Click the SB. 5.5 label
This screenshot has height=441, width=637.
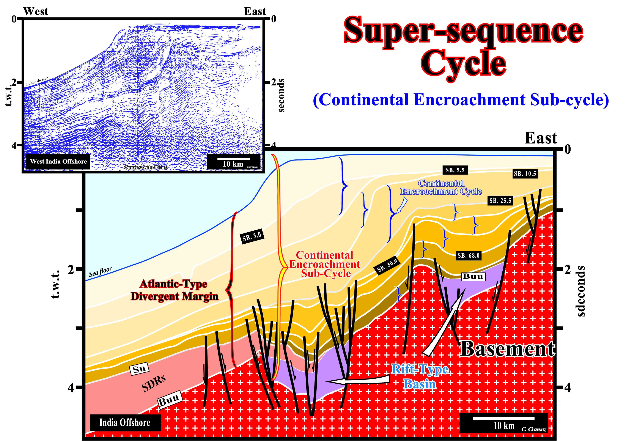(x=455, y=170)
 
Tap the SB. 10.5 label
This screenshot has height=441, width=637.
(x=525, y=173)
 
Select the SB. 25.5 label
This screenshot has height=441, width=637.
(x=500, y=201)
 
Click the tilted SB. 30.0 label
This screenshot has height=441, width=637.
(x=387, y=265)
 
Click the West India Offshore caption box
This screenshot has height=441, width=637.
(x=58, y=162)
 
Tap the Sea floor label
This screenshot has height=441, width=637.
(x=100, y=272)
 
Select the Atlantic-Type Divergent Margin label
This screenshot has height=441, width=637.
(x=175, y=290)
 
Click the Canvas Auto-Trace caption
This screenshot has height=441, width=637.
(x=146, y=167)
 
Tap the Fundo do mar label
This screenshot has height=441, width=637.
(x=37, y=81)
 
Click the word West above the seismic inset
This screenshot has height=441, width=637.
(x=36, y=11)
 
